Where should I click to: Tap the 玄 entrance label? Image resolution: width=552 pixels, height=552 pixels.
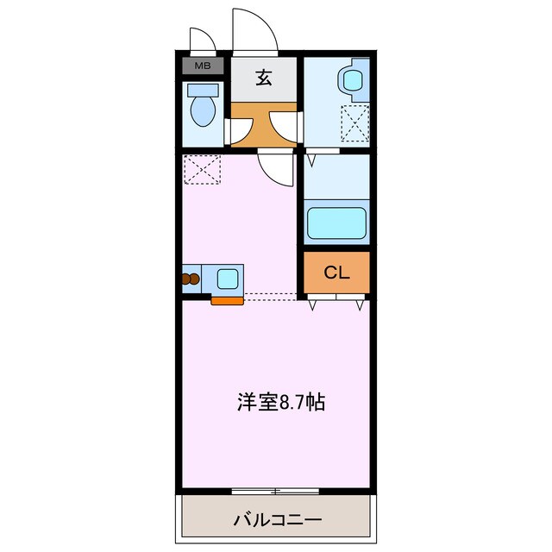[264, 78]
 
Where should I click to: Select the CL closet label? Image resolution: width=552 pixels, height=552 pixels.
[336, 273]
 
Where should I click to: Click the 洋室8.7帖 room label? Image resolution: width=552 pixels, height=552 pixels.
[280, 402]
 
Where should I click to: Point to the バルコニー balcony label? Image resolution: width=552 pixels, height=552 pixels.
[277, 520]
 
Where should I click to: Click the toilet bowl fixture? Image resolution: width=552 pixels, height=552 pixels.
[204, 110]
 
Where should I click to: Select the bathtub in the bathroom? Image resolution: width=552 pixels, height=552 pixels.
[338, 222]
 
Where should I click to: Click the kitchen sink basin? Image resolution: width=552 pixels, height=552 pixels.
[229, 279]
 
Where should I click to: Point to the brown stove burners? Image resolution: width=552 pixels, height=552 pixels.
[191, 279]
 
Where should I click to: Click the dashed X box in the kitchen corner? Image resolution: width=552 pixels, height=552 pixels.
[204, 169]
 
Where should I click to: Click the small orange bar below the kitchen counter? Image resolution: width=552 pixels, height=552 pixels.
[227, 301]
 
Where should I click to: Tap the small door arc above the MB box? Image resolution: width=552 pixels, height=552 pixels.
[202, 41]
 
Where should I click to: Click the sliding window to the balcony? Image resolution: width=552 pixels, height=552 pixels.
[276, 492]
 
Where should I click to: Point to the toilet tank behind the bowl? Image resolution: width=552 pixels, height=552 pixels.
[203, 89]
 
